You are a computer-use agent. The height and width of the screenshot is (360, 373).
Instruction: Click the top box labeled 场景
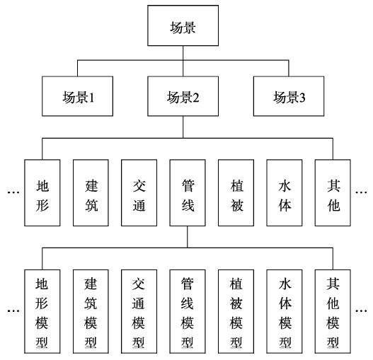(x=183, y=25)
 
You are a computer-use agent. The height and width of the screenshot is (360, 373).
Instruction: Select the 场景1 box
(x=77, y=96)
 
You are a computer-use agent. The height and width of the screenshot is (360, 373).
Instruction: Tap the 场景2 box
(x=183, y=96)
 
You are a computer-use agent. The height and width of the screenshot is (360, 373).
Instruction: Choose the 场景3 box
(x=289, y=96)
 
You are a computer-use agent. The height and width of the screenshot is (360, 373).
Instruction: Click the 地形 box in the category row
(x=42, y=192)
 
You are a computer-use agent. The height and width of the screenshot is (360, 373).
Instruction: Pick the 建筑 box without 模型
(x=91, y=192)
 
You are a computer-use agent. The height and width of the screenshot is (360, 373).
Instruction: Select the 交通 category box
(x=139, y=192)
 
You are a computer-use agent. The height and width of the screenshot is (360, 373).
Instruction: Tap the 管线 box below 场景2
(x=188, y=192)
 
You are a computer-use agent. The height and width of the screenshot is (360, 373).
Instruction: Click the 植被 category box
(x=236, y=192)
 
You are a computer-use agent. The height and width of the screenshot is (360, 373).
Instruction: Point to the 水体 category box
(x=285, y=192)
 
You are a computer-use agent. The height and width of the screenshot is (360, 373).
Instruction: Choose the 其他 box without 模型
(x=333, y=192)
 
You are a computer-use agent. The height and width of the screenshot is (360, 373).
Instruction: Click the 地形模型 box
(x=42, y=311)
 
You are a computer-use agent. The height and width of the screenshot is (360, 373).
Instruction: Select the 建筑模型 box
(x=91, y=311)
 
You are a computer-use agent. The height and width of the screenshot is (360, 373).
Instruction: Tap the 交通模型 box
(x=139, y=311)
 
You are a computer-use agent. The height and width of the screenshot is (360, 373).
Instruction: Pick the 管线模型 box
(x=188, y=311)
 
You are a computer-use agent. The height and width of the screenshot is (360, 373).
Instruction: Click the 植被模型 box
(x=236, y=311)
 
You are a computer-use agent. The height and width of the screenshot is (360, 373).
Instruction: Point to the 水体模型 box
(x=285, y=311)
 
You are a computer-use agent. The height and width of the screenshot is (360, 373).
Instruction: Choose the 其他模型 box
(x=333, y=311)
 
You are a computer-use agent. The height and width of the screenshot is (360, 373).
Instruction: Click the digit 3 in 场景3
(x=302, y=98)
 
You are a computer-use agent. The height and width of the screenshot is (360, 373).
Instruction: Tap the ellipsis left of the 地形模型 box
(x=13, y=310)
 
